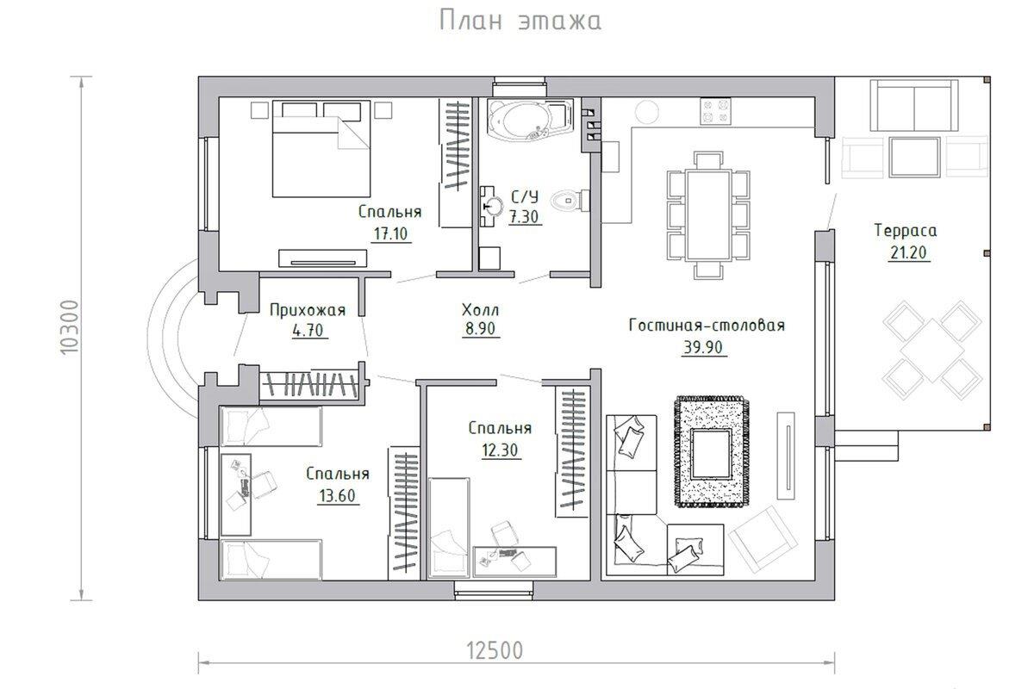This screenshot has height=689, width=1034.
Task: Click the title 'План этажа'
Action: coord(520,22)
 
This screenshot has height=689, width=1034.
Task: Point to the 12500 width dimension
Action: coord(495,651)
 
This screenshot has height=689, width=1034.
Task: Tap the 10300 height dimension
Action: coord(70,327)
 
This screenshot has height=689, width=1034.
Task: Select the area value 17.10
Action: coord(390,234)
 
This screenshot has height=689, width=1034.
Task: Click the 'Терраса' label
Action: coord(906,230)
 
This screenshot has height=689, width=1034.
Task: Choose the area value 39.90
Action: coord(703,347)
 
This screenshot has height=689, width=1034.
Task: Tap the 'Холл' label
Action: coord(480,310)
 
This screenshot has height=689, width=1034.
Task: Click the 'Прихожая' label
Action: coord(308,310)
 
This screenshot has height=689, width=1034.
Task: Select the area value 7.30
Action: coord(524,216)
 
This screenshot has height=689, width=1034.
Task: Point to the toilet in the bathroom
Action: coord(570,200)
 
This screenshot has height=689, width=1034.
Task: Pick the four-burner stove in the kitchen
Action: coord(715,111)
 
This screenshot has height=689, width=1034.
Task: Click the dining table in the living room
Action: coord(708,215)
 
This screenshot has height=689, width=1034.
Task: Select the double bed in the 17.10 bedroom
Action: coord(321,149)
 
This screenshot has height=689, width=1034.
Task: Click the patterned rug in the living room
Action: coord(711,452)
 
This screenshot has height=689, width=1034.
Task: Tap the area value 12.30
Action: coord(500,450)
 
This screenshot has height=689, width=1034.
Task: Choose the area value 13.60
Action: coord(338,495)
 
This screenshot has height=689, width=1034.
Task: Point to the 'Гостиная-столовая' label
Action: coord(707,326)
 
